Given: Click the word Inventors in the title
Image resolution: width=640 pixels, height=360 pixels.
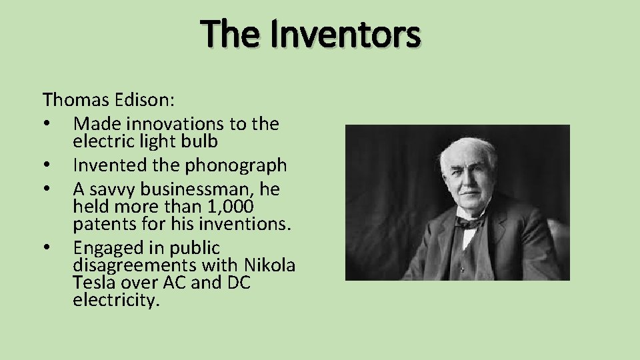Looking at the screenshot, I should click(345, 35).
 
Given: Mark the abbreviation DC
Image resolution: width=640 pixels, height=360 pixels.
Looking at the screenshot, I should click(238, 283).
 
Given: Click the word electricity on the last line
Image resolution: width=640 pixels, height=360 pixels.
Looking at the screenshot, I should click(117, 300).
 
